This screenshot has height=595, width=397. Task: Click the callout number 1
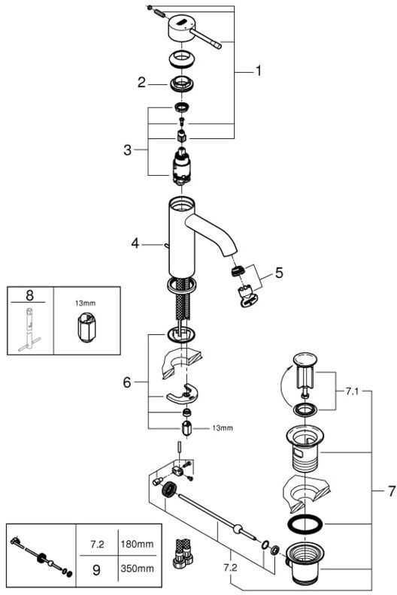coord(259,71)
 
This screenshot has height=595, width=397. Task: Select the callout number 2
coord(141,83)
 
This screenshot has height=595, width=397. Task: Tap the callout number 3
coord(127,150)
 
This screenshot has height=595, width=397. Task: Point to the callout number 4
coord(135,243)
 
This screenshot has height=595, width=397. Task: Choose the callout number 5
coord(279,273)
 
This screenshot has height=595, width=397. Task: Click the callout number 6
coord(127,382)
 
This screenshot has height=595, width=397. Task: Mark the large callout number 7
coord(391,491)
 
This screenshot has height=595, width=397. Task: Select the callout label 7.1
coord(352,391)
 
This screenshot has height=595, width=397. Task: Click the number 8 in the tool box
coord(29,294)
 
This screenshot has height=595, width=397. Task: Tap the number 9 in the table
coord(97,569)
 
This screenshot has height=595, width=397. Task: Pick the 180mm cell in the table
coord(137,544)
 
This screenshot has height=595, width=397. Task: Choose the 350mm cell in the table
coord(137,569)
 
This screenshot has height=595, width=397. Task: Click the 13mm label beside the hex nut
coord(223,428)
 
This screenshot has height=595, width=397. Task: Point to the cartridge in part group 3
coord(183,165)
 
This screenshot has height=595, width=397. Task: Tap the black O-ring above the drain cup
coord(305,524)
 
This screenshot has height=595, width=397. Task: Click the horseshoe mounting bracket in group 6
coord(183,395)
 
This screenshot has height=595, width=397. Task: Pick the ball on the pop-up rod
coord(238,529)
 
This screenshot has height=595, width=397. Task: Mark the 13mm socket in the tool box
coord(87,327)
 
